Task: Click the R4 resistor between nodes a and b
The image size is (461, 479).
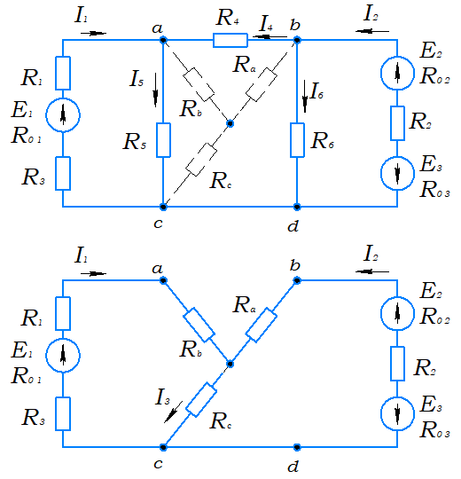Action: tap(230, 40)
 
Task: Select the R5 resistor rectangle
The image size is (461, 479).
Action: tap(163, 140)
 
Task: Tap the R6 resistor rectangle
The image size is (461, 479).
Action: tap(297, 140)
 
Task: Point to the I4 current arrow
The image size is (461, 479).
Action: tap(270, 37)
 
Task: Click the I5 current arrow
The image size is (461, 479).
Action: tap(156, 90)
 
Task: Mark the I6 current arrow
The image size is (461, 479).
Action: tap(305, 96)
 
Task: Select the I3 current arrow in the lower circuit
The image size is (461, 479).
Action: tap(173, 412)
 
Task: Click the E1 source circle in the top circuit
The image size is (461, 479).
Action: tap(63, 115)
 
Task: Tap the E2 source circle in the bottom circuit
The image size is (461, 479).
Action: tap(397, 313)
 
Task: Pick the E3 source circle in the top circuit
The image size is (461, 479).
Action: tap(397, 174)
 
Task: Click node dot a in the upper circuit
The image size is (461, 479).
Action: tap(163, 40)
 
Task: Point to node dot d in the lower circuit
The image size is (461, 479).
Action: tap(297, 447)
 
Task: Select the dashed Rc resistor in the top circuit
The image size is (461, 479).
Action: tap(201, 160)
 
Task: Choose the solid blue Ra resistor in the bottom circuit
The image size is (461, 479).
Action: tap(262, 325)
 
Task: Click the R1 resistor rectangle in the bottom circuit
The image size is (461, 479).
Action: tap(63, 313)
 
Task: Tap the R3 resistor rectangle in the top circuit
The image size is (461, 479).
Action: tap(63, 174)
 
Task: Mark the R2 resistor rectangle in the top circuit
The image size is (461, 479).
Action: tap(397, 123)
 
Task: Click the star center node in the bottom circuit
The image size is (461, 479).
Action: tap(230, 364)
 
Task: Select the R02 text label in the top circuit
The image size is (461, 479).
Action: tap(434, 76)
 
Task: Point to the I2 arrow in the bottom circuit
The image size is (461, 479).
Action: tap(372, 271)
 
